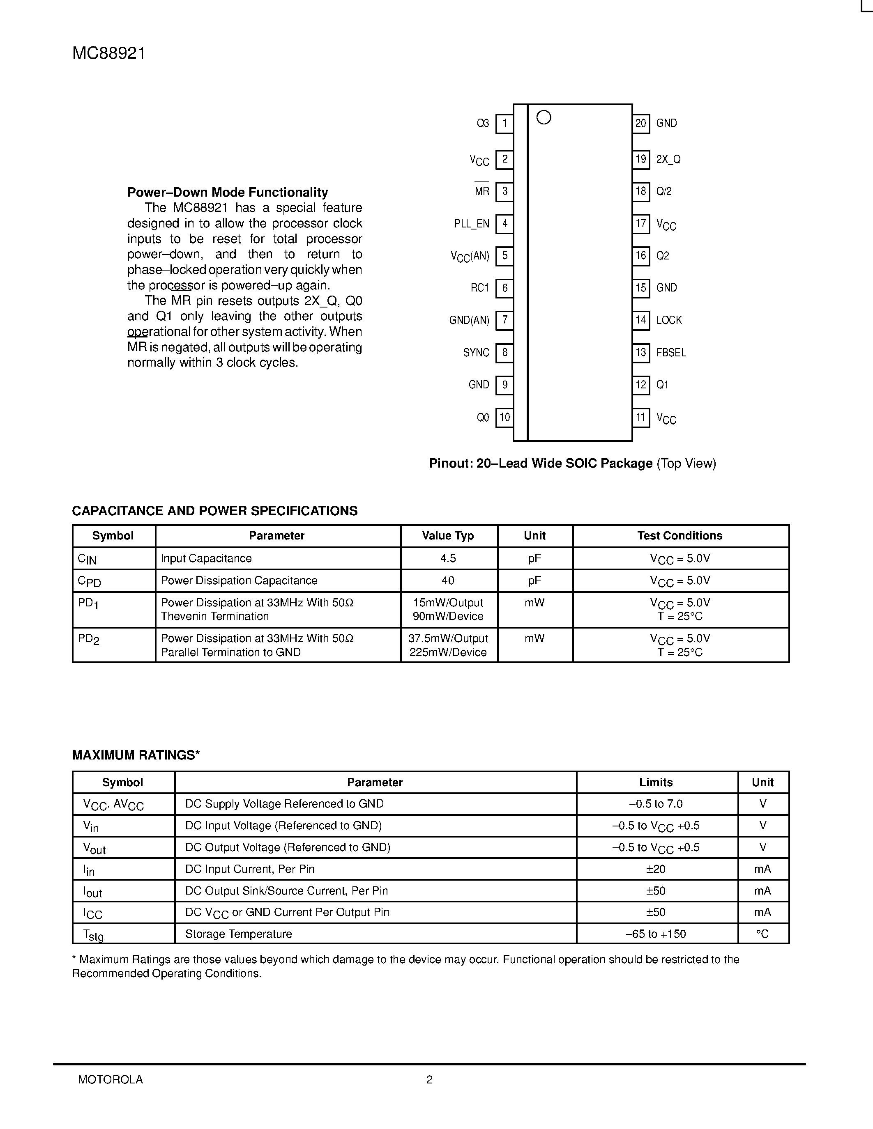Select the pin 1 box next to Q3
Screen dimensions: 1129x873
tap(504, 124)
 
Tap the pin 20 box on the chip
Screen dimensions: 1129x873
tap(641, 124)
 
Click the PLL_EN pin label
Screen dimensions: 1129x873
tap(472, 224)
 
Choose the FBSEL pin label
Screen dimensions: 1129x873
tap(671, 353)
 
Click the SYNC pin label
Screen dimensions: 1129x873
tap(476, 353)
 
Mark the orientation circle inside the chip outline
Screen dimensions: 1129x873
tap(544, 118)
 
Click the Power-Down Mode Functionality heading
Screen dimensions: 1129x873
tap(228, 192)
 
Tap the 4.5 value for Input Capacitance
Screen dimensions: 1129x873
tap(448, 558)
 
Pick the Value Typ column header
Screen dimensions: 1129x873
tap(448, 536)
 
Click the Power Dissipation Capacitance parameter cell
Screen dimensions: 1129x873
tap(239, 581)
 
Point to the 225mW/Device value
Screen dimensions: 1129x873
tap(448, 652)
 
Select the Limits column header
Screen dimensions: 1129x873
tap(656, 782)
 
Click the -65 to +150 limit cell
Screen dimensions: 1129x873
tap(656, 934)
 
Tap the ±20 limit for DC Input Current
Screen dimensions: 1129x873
tap(656, 869)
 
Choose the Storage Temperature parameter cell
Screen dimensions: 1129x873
tap(238, 934)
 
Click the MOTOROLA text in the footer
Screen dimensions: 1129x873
tap(110, 1079)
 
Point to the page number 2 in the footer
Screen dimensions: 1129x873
tap(429, 1079)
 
